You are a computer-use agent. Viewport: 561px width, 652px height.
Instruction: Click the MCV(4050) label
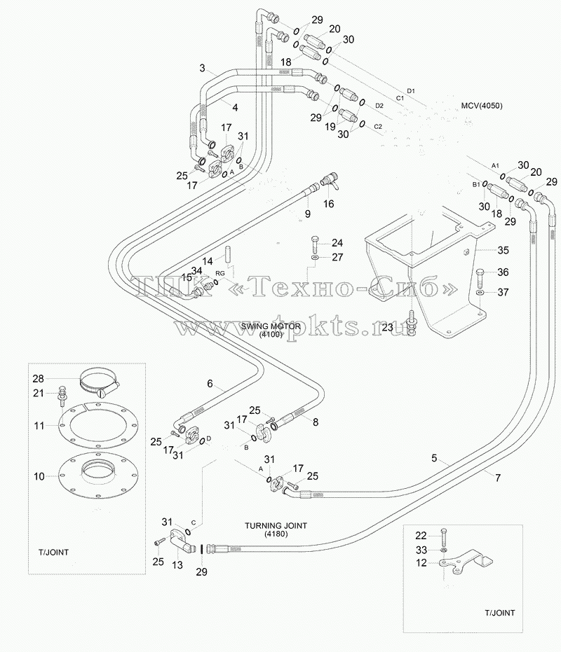482,106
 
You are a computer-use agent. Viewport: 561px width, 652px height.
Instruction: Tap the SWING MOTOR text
270,326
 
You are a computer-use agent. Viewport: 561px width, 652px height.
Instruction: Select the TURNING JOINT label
276,525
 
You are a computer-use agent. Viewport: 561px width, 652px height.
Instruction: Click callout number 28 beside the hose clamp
39,378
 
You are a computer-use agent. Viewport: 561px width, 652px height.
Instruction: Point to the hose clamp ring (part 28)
99,382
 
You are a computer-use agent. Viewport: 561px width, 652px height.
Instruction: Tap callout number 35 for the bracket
503,250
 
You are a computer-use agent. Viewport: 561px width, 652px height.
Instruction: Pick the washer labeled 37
480,293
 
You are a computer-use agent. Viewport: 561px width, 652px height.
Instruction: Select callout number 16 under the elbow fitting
329,204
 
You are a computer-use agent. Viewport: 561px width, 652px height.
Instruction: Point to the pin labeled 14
228,255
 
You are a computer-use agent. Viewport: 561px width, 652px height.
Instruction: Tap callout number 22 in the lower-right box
421,536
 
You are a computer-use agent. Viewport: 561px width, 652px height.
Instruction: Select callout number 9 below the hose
307,214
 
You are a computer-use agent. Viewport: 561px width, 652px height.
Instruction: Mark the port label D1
411,90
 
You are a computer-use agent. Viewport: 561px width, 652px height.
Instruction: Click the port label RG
220,273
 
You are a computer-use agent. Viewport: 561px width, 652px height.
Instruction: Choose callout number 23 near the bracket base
387,327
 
